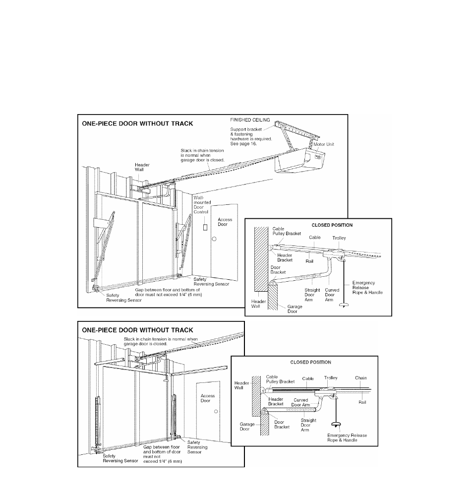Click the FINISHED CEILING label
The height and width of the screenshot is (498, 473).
[x=249, y=120]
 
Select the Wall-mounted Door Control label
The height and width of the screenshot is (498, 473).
[x=202, y=205]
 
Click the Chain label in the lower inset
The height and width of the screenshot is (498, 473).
[x=361, y=378]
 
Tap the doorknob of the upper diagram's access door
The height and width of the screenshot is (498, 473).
[x=214, y=239]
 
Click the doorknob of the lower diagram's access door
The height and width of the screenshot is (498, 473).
[x=216, y=412]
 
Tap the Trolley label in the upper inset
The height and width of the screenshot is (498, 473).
[x=339, y=238]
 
